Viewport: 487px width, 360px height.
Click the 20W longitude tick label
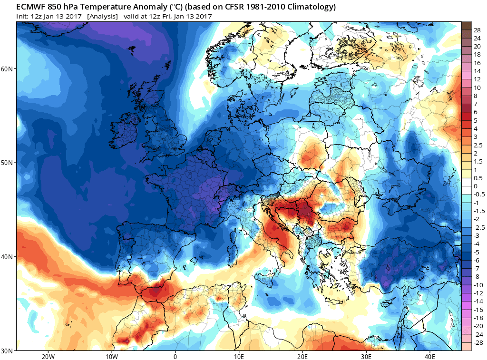click(x=48, y=356)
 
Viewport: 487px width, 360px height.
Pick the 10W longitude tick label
click(x=111, y=356)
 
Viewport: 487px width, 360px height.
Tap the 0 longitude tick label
click(x=175, y=356)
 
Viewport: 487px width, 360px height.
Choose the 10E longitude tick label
click(x=239, y=356)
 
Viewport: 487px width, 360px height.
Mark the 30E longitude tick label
click(x=366, y=356)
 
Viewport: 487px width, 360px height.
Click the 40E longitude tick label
click(x=429, y=356)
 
